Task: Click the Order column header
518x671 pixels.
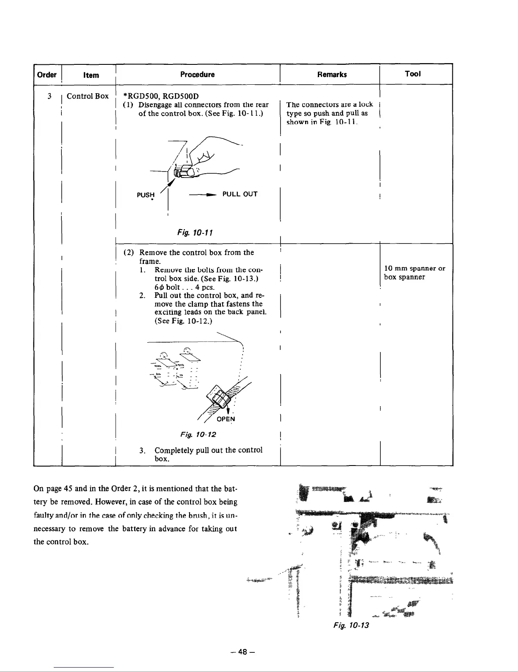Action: (x=47, y=75)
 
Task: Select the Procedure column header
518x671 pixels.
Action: (x=197, y=75)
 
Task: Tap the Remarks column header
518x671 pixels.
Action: (x=332, y=75)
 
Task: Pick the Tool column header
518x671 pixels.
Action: (x=413, y=74)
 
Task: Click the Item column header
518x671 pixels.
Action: (x=91, y=75)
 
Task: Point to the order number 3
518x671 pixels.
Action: (x=50, y=96)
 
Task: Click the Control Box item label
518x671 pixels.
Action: (x=88, y=96)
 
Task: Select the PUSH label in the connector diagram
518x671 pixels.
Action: (x=146, y=195)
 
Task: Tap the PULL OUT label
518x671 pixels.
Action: (x=240, y=194)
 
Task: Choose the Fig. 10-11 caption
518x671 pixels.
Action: (x=195, y=233)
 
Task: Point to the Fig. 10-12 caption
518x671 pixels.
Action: (x=198, y=435)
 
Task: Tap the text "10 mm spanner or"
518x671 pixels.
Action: (x=414, y=269)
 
